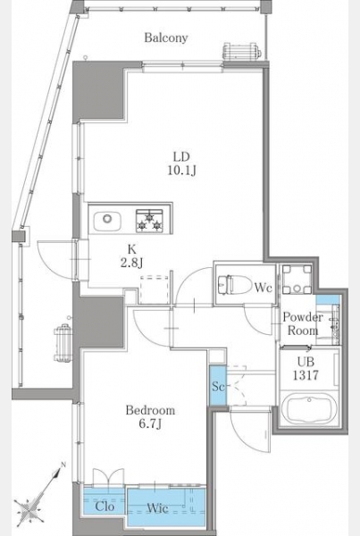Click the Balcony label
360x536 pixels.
(166, 38)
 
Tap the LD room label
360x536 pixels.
(181, 157)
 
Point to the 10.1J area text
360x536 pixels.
(181, 171)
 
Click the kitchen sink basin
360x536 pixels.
(107, 222)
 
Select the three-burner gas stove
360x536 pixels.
(149, 221)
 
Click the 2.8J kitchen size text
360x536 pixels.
(131, 263)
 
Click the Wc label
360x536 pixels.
(263, 288)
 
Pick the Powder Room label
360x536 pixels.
(303, 323)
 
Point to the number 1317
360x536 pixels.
(306, 375)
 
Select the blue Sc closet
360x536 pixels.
(218, 386)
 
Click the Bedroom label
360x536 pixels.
(150, 410)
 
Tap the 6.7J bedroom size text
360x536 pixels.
(150, 423)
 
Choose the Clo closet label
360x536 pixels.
(105, 507)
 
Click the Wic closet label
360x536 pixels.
(157, 508)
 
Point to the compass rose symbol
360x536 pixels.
(30, 507)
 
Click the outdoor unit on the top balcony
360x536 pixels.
(241, 51)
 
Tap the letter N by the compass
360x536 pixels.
(63, 465)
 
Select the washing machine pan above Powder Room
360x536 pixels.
(297, 279)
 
